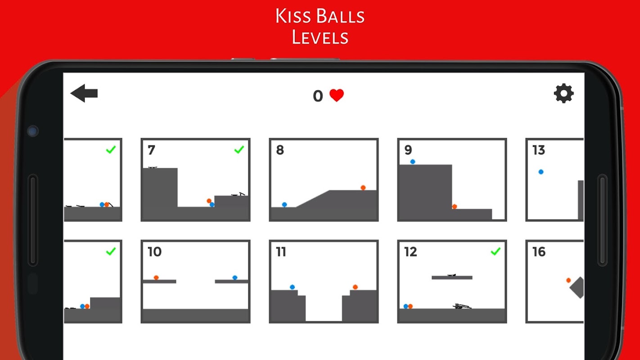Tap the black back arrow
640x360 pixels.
point(84,93)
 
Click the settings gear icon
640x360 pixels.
point(564,94)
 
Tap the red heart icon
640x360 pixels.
point(337,95)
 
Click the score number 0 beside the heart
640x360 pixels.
point(318,96)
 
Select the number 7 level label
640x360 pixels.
point(151,150)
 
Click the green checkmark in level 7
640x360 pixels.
point(239,149)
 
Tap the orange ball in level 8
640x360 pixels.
point(363,188)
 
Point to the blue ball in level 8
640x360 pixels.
point(284,205)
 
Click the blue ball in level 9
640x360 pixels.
point(413,162)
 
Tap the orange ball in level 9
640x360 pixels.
point(455,207)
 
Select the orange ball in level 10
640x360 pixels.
point(156,278)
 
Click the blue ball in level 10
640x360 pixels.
point(235,278)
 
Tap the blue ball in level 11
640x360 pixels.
point(292,287)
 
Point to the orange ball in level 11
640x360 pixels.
point(355,287)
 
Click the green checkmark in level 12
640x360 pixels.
point(496,252)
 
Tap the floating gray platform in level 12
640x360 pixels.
point(452,278)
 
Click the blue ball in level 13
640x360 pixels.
point(541,172)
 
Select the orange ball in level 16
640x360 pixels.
point(568,280)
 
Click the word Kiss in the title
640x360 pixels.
point(293,16)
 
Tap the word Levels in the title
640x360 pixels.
point(320,37)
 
